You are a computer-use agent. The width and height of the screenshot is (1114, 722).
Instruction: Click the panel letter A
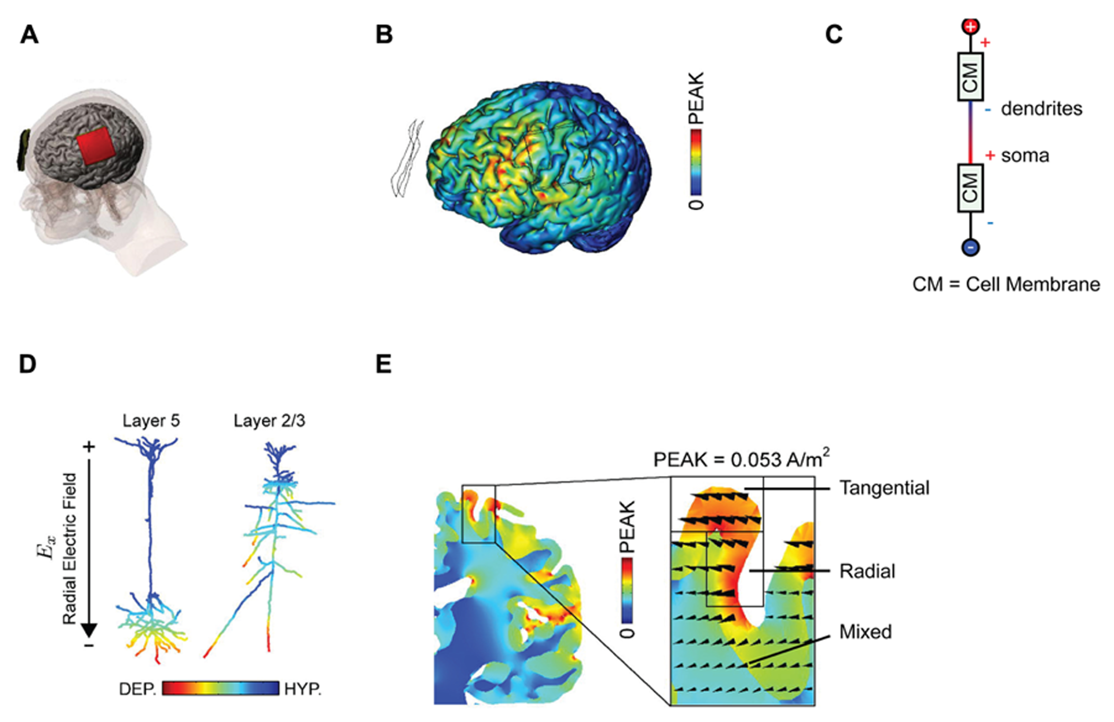pyautogui.click(x=30, y=35)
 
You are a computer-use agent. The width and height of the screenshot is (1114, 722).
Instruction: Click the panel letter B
pyautogui.click(x=384, y=35)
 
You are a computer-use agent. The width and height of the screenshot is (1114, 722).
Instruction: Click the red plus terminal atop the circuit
pyautogui.click(x=970, y=26)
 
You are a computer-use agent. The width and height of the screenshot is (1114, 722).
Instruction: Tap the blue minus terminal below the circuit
pyautogui.click(x=970, y=247)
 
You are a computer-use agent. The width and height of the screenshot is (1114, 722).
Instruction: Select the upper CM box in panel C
pyautogui.click(x=970, y=77)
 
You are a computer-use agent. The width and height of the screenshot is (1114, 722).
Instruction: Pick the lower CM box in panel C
pyautogui.click(x=970, y=188)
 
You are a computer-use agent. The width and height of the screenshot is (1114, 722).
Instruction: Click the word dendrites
pyautogui.click(x=1041, y=109)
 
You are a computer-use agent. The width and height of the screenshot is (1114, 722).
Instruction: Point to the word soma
pyautogui.click(x=1024, y=156)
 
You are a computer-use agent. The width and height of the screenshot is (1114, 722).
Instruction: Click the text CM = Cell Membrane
pyautogui.click(x=1005, y=284)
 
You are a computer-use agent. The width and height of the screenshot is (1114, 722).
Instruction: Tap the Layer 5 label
pyautogui.click(x=151, y=421)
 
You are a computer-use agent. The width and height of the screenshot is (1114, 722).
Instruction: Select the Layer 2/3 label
pyautogui.click(x=269, y=421)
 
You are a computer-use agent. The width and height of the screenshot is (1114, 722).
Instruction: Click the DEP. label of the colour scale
pyautogui.click(x=137, y=689)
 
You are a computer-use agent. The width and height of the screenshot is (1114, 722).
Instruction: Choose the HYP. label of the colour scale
pyautogui.click(x=302, y=689)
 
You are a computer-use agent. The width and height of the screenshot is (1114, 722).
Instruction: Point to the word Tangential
pyautogui.click(x=884, y=488)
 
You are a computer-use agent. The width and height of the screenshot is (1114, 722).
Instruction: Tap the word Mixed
pyautogui.click(x=866, y=631)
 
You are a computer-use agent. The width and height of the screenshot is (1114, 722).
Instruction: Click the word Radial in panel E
pyautogui.click(x=867, y=571)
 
